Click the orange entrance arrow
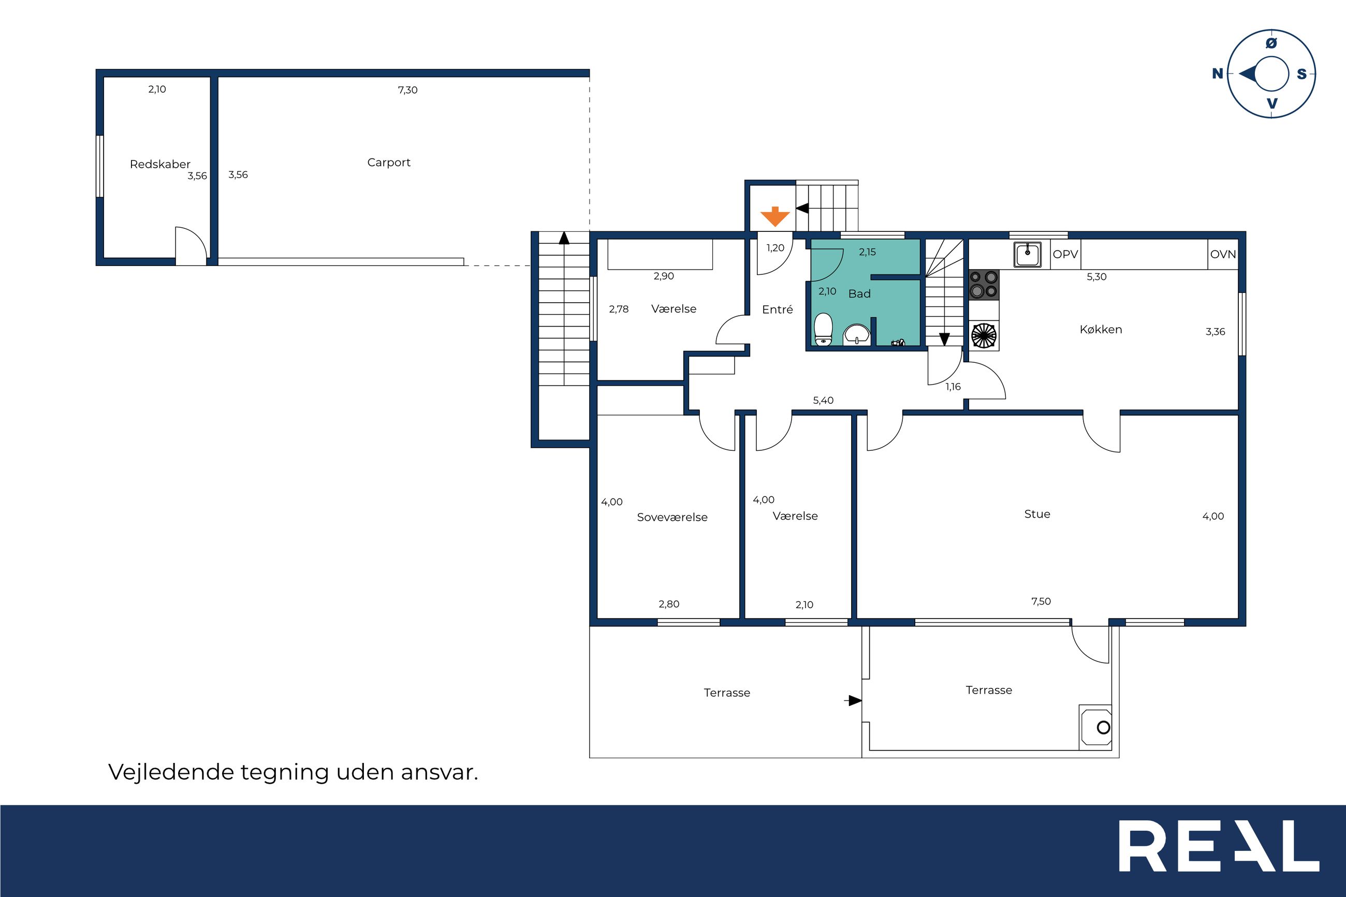pos(775,216)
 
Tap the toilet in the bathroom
pos(823,330)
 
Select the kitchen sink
pos(1028,255)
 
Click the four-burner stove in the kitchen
pos(984,284)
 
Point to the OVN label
pos(1223,254)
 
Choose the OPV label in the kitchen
pos(1065,254)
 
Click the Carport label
pos(389,163)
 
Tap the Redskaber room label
pos(160,164)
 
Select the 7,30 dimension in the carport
pos(408,90)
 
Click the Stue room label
pos(1037,513)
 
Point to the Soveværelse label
pos(672,517)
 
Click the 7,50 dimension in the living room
pos(1041,601)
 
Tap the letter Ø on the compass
pos(1271,43)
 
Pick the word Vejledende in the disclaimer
pos(171,772)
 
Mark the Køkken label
pos(1101,330)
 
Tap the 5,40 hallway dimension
pos(823,401)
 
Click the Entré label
pos(778,310)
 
